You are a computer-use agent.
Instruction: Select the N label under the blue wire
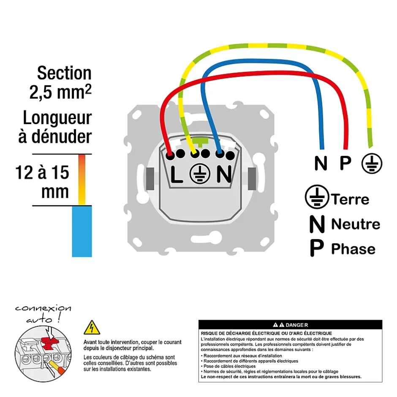(321, 163)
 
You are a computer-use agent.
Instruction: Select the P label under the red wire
(345, 163)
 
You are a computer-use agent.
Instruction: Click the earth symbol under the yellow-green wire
(372, 162)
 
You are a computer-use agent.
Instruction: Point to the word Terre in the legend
(350, 199)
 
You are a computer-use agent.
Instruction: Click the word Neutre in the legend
(356, 224)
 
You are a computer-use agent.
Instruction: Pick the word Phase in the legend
(353, 249)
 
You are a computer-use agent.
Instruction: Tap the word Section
(64, 73)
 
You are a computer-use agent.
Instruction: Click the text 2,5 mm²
(60, 92)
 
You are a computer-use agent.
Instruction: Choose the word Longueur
(57, 118)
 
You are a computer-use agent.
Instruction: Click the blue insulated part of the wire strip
(82, 231)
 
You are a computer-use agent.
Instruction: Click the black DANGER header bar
(290, 325)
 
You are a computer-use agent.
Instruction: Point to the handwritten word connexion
(43, 308)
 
